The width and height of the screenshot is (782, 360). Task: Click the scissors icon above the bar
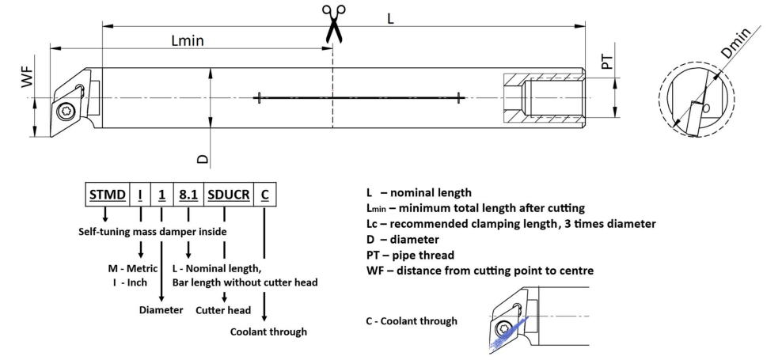tap(332, 23)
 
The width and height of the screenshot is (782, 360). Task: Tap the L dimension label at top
tap(389, 17)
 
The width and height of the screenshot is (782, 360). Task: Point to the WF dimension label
tap(28, 78)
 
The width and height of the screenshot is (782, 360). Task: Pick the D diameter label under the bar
tap(203, 158)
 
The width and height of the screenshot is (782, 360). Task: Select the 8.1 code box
tap(188, 193)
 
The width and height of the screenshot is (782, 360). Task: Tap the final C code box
tap(264, 193)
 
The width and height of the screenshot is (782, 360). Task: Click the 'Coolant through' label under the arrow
tap(268, 332)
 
